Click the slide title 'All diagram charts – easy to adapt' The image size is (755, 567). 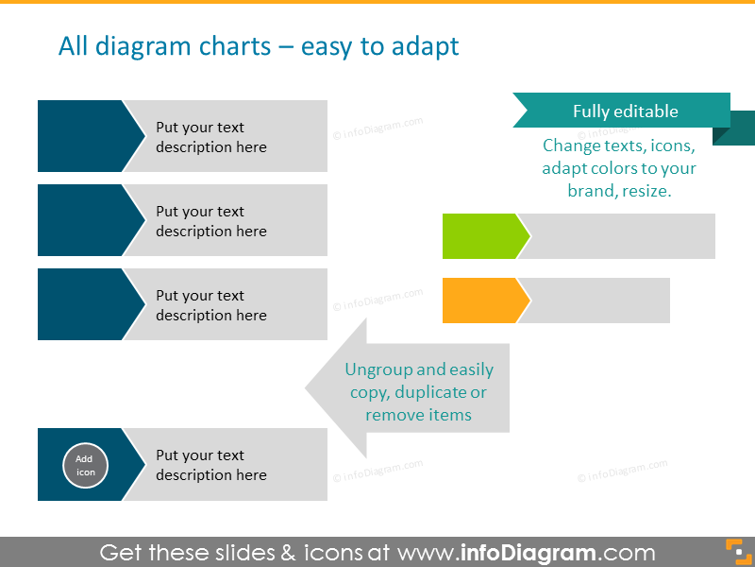pos(259,46)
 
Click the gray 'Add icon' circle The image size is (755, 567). pos(85,465)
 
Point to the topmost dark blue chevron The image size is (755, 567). pos(85,136)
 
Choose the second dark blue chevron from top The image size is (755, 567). pos(85,220)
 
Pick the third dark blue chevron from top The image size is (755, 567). pos(85,304)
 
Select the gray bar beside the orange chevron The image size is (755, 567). pos(598,301)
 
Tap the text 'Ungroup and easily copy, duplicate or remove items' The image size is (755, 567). pos(418,392)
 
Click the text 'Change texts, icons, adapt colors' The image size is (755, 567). pos(619,167)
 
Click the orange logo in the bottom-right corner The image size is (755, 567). pos(735,551)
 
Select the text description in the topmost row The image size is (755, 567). pos(211,137)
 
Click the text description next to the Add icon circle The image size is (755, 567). pos(211,465)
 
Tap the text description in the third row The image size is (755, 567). pos(211,305)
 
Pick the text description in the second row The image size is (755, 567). pos(211,221)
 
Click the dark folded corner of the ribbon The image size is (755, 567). pos(740,130)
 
